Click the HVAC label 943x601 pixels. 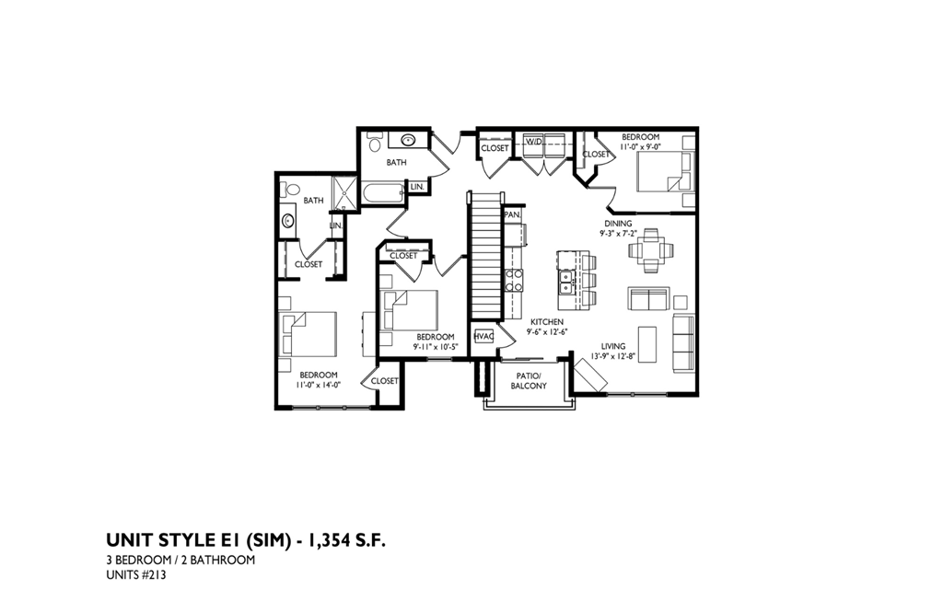(483, 337)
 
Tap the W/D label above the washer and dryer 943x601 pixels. (534, 140)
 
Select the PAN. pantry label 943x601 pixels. (513, 215)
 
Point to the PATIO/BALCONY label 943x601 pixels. (530, 380)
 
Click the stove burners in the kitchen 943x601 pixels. (514, 281)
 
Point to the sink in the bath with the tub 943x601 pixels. (408, 141)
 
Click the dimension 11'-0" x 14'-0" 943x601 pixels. (319, 386)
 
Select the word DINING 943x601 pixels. (618, 223)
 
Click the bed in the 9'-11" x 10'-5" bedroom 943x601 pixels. (411, 310)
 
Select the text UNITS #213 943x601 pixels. (136, 576)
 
